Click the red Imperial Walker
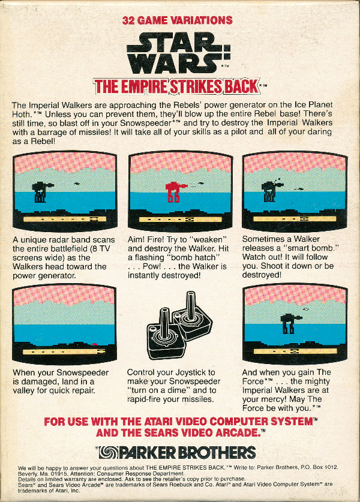coord(175,192)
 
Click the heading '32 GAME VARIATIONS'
coord(178,20)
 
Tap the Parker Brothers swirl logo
coord(107,452)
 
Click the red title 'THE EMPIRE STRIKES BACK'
coord(177,86)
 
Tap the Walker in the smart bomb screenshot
coord(272,191)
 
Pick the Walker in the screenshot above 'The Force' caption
coord(290,323)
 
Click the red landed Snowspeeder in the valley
coord(94,344)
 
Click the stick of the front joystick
coord(164,323)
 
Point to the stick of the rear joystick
coord(191,306)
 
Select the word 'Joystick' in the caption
coord(190,372)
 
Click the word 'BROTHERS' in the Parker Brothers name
coord(217,453)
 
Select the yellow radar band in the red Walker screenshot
coord(181,220)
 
